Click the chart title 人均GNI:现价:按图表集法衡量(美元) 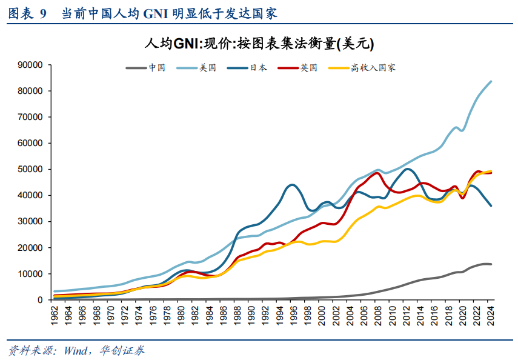click(x=259, y=44)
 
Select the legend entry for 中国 click(x=157, y=68)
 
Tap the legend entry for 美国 click(x=208, y=68)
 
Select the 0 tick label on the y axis click(x=39, y=300)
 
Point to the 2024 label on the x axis click(x=491, y=315)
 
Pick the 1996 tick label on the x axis click(x=294, y=315)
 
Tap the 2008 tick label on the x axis click(x=378, y=315)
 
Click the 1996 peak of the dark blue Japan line click(x=293, y=185)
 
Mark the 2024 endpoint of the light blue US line click(x=490, y=82)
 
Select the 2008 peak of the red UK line click(x=377, y=173)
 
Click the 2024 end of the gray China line click(x=490, y=264)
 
